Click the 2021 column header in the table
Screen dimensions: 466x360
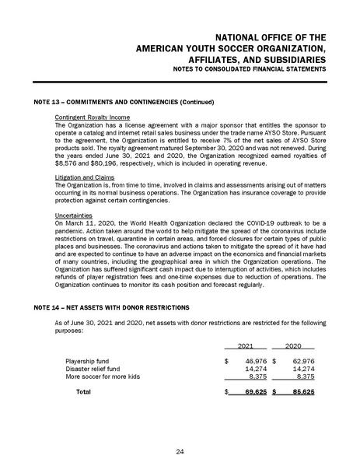245,346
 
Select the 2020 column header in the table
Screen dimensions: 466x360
294,346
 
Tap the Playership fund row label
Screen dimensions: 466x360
89,361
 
